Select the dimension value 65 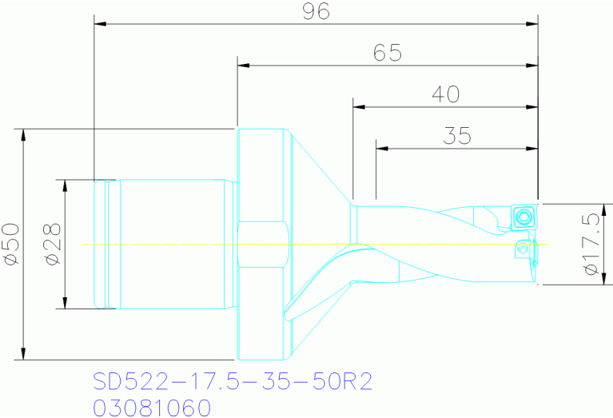[387, 53]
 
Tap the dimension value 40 [445, 94]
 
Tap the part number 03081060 [153, 408]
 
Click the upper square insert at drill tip [524, 217]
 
